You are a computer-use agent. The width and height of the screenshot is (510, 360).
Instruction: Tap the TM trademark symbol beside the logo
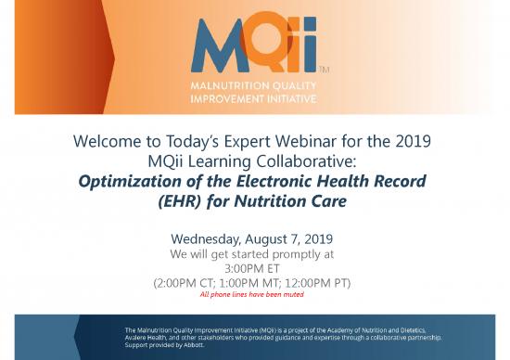pyautogui.click(x=324, y=70)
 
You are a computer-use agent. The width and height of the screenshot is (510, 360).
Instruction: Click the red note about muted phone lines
pyautogui.click(x=252, y=295)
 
